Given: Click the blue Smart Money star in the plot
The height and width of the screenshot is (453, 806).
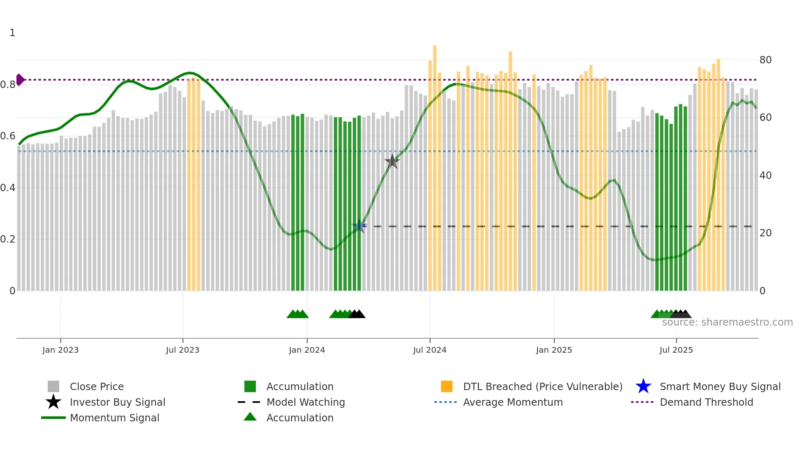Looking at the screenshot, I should point(359,226).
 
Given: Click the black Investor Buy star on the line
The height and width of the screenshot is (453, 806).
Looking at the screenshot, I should point(392,162).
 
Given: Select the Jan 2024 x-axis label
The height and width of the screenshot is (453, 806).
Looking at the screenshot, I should point(307,350).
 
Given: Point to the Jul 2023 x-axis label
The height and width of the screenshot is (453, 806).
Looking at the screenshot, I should point(183,350).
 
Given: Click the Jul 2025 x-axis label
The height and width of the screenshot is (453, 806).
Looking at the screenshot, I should point(676,350).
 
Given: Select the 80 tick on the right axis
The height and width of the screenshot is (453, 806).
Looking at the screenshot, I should point(765,60).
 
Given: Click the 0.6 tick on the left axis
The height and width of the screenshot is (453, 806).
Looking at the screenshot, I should point(8,136).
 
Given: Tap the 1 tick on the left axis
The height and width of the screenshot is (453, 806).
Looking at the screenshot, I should point(12,33).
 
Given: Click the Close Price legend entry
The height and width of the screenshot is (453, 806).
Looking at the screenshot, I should point(97,386).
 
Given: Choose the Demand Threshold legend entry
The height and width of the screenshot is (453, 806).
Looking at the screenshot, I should point(706,402).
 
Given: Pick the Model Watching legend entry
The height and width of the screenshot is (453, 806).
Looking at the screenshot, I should point(305,402).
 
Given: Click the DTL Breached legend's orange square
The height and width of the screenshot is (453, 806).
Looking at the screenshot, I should point(447,386).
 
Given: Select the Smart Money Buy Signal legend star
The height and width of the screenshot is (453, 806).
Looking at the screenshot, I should point(643,386).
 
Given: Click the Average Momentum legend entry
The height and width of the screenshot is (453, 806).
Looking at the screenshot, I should point(512,402).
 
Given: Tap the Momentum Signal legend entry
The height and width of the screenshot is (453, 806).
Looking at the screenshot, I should point(114,418).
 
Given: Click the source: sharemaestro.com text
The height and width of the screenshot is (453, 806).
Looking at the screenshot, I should point(727,322).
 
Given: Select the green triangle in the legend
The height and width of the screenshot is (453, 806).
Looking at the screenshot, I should point(250,417).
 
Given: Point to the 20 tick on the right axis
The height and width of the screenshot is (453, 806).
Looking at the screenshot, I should point(765,233).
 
